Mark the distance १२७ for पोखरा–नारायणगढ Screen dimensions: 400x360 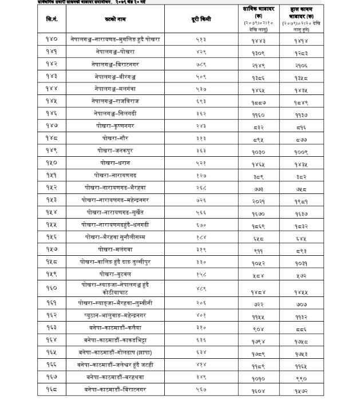pos(201,176)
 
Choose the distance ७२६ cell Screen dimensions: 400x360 pos(201,200)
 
